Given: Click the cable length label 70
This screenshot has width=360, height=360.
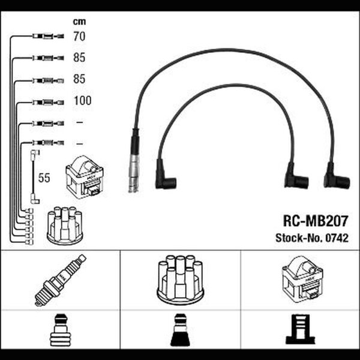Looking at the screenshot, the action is pyautogui.click(x=79, y=36).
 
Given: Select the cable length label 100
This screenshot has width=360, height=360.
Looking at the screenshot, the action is pyautogui.click(x=82, y=100).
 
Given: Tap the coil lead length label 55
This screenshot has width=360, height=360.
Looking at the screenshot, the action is pyautogui.click(x=44, y=178).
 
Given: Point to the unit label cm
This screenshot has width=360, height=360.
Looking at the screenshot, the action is pyautogui.click(x=79, y=22).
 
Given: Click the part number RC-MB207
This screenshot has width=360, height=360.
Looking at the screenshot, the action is pyautogui.click(x=316, y=221).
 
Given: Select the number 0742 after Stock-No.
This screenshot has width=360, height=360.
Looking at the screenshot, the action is pyautogui.click(x=337, y=238).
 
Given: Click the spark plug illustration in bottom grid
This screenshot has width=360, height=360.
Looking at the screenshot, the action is pyautogui.click(x=61, y=280).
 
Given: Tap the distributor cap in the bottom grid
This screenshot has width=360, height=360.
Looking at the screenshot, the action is pyautogui.click(x=181, y=281).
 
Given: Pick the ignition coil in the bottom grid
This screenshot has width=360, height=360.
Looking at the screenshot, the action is pyautogui.click(x=302, y=280).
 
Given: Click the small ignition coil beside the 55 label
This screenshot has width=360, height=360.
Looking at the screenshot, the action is pyautogui.click(x=85, y=177).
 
